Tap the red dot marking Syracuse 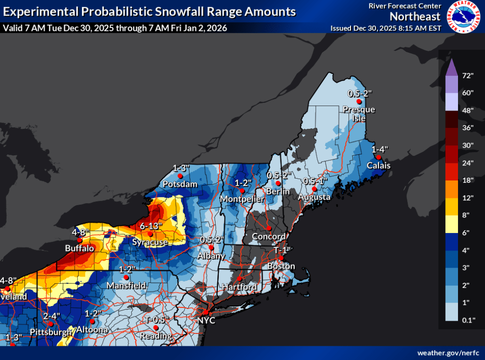[x=150, y=234]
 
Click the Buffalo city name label [x=79, y=248]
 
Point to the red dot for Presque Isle [x=359, y=101]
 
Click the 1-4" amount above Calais [x=380, y=149]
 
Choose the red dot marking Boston [x=281, y=258]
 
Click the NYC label [x=207, y=321]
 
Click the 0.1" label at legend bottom [x=468, y=321]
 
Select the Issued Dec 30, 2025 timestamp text [x=386, y=28]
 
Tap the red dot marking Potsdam [x=180, y=176]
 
